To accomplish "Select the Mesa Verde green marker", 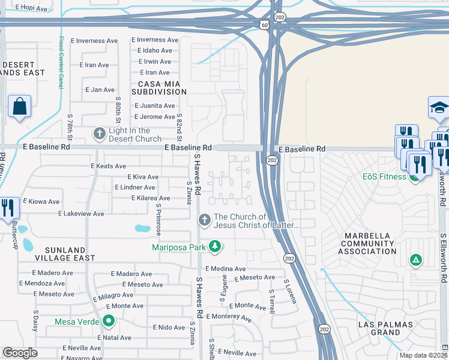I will [x=109, y=321].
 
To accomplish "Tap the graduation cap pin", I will [x=439, y=108].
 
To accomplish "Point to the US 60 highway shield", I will [x=265, y=25].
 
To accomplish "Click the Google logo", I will [x=20, y=353].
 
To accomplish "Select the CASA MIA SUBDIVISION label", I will [x=162, y=88].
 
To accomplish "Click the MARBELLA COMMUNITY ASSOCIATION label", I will [x=367, y=244].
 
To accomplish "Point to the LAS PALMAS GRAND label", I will [x=385, y=328].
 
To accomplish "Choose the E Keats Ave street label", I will [x=108, y=166].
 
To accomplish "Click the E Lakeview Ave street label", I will [x=81, y=214].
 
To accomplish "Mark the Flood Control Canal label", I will [x=61, y=62].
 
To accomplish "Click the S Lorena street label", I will [x=291, y=291].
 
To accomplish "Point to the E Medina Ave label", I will [x=225, y=269].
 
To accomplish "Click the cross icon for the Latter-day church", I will [x=204, y=221].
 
